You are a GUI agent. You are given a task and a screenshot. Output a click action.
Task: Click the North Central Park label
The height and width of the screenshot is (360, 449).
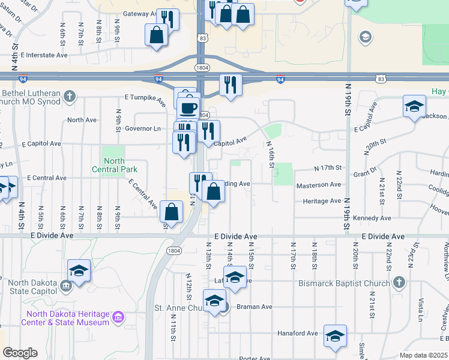114,164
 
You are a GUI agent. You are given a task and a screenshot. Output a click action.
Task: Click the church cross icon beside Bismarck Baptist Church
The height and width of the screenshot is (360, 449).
399,282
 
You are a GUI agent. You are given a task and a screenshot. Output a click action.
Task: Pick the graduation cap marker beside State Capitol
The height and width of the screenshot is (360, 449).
79,271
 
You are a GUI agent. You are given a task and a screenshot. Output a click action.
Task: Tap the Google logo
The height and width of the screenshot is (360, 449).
20,353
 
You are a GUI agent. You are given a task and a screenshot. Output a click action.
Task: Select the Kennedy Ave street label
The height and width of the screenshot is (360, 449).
372,218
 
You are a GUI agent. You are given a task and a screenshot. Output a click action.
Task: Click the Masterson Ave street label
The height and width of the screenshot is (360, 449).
319,185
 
